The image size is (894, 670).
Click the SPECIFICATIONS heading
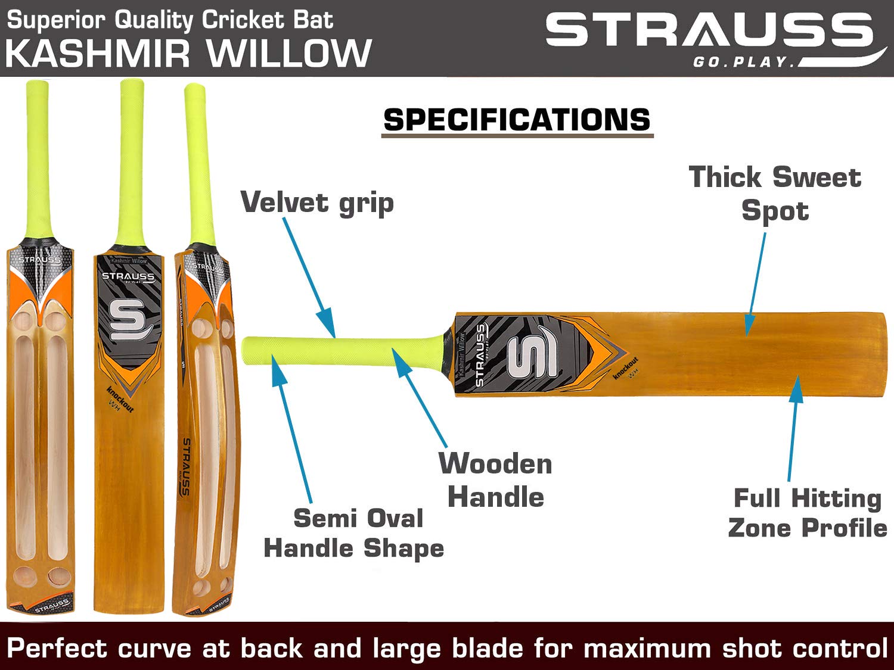pos(517,120)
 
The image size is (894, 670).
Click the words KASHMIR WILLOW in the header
pos(189,53)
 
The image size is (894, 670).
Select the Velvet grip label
pos(317,203)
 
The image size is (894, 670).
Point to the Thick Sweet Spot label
pos(775,194)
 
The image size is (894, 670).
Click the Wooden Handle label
pos(495,480)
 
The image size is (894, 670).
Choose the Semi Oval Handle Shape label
pos(355,533)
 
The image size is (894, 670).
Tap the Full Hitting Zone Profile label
pos(808,513)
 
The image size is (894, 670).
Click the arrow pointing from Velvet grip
pos(308,276)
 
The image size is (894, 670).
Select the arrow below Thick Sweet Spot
pos(756,283)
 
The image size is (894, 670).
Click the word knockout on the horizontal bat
pos(626,367)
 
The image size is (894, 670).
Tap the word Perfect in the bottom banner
pos(57,648)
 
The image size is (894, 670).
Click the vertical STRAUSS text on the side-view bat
pos(185,468)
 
